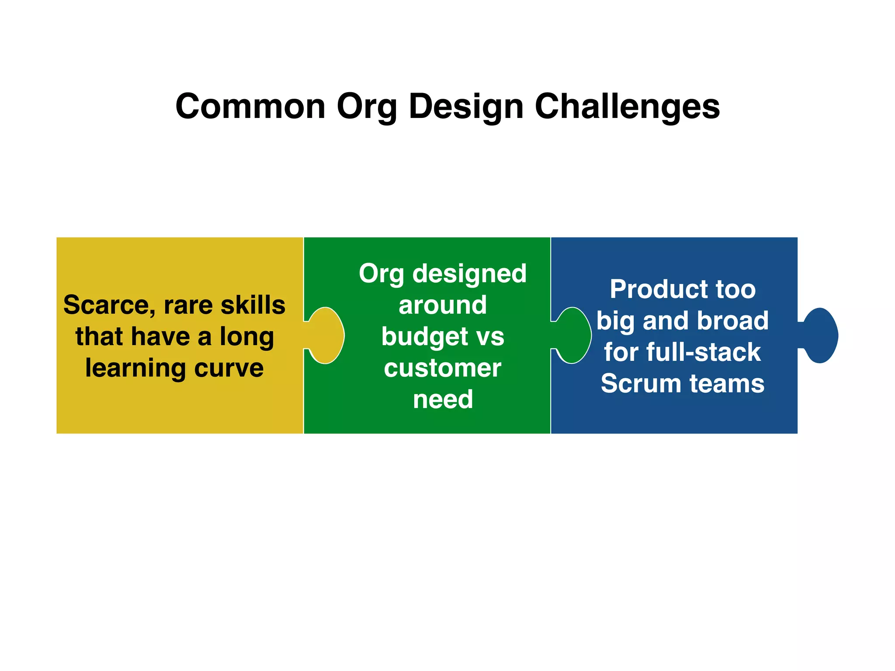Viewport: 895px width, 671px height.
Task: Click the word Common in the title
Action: (x=250, y=107)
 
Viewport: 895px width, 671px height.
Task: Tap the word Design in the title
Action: (x=466, y=107)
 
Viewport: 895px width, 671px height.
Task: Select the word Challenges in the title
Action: (x=627, y=107)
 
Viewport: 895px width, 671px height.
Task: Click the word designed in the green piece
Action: (x=469, y=274)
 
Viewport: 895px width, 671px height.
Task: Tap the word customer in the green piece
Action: (x=442, y=368)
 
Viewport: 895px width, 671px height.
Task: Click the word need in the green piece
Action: (x=443, y=399)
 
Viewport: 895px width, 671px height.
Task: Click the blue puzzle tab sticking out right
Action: (x=820, y=335)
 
